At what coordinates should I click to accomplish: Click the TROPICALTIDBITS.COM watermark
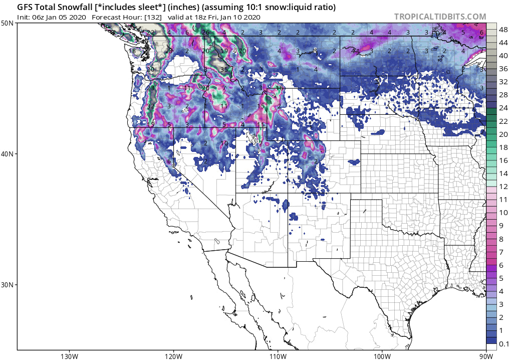pyautogui.click(x=440, y=17)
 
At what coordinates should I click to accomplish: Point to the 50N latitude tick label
pyautogui.click(x=8, y=24)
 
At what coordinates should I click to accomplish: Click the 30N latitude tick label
pyautogui.click(x=8, y=284)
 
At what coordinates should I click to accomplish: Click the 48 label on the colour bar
pyautogui.click(x=502, y=30)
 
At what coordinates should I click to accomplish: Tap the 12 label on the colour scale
pyautogui.click(x=502, y=187)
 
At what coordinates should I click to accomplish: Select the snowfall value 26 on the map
pyautogui.click(x=205, y=33)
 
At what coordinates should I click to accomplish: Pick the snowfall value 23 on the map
pyautogui.click(x=150, y=88)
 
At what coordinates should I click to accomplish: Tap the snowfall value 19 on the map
pyautogui.click(x=224, y=51)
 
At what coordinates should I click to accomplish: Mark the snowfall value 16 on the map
pyautogui.click(x=279, y=88)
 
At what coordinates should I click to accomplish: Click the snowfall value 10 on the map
pyautogui.click(x=224, y=143)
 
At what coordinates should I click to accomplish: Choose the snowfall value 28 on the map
pyautogui.click(x=169, y=51)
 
